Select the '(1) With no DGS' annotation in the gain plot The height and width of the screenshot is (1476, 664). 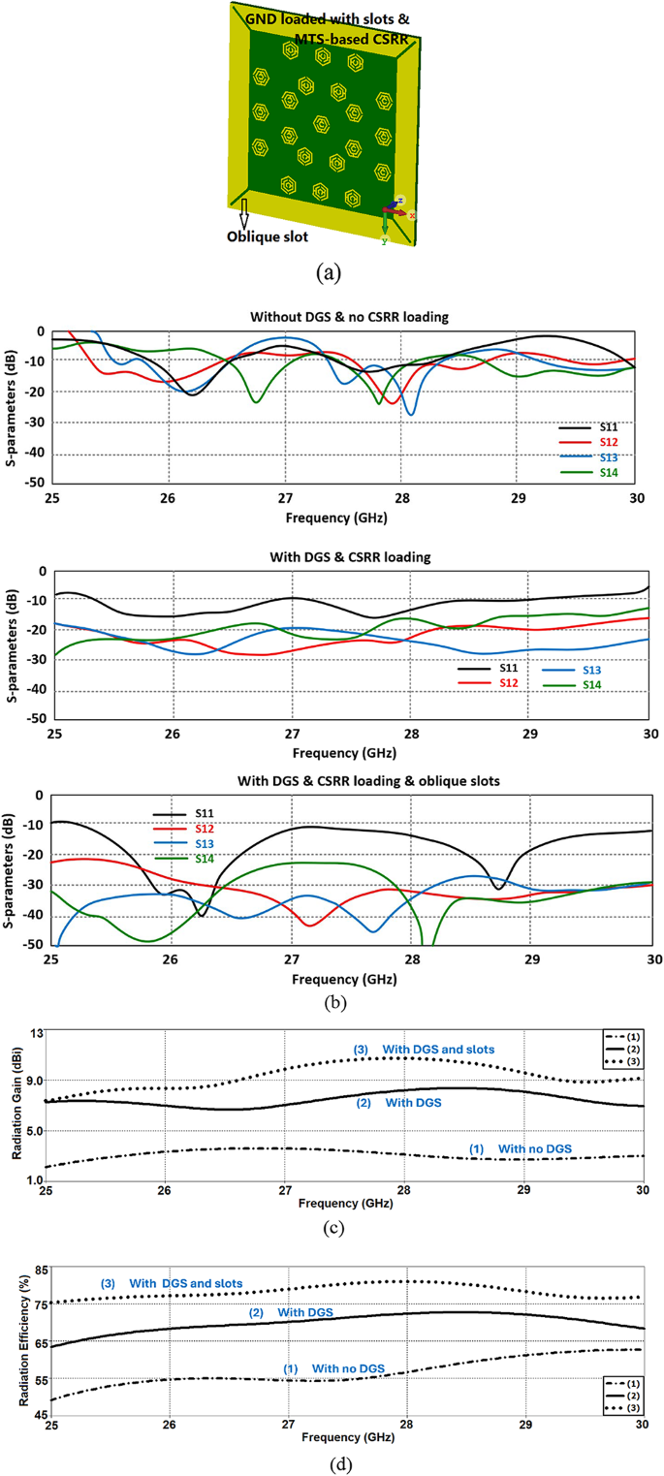[x=521, y=1148]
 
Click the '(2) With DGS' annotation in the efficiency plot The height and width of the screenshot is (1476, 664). [x=291, y=1312]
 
